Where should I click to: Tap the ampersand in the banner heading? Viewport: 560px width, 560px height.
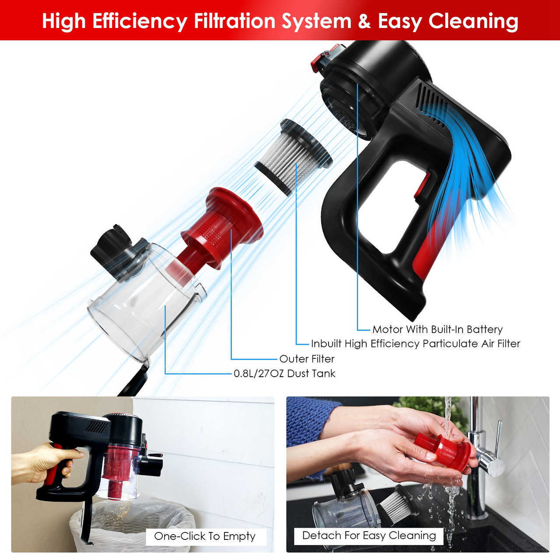[x=364, y=21]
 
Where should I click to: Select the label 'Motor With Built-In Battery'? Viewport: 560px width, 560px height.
[x=437, y=329]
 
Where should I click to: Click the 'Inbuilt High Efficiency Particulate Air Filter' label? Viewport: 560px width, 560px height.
[x=415, y=344]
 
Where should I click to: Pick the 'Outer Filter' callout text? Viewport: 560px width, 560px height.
[x=307, y=359]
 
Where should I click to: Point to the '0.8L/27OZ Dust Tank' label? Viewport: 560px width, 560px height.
[x=284, y=374]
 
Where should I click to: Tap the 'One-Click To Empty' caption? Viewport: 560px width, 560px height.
[x=205, y=536]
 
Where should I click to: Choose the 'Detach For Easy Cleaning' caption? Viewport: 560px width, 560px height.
[x=369, y=535]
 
